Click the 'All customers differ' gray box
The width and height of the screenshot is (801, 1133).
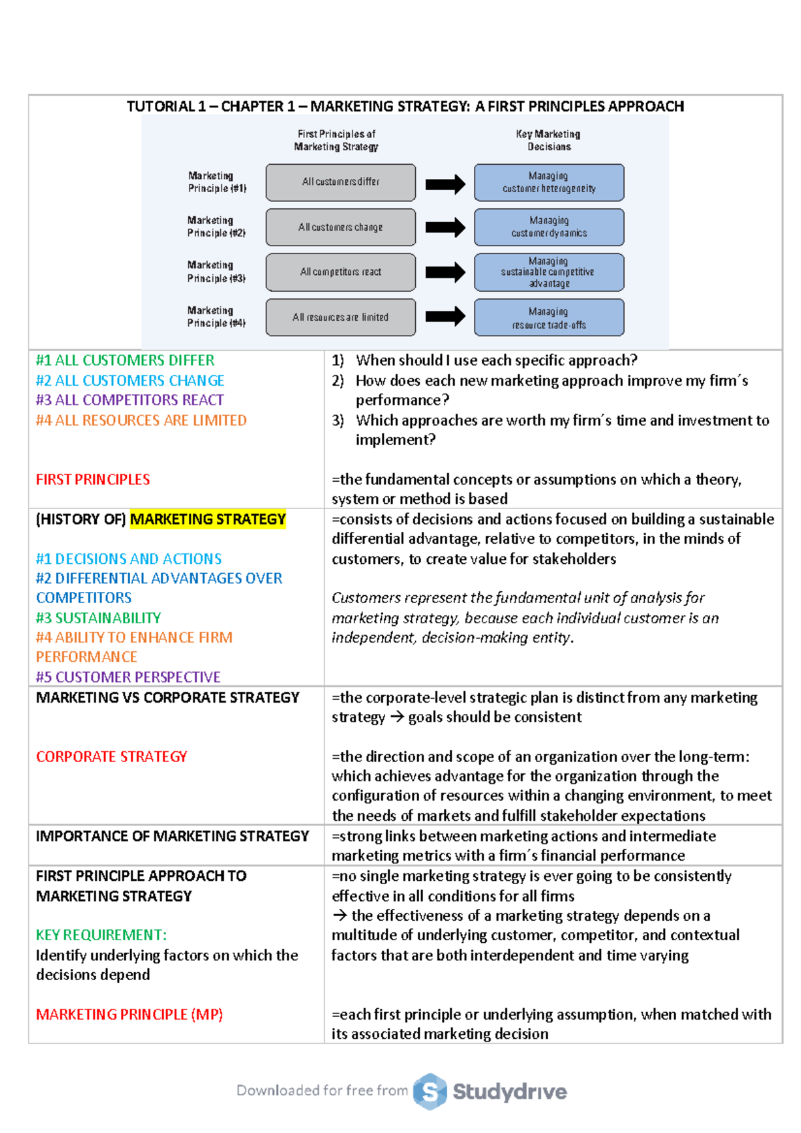[x=340, y=182]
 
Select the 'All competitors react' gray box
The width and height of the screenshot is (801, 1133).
[x=340, y=272]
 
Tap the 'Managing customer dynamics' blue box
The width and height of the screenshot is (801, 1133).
[x=549, y=227]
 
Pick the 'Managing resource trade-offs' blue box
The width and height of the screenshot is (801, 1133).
[x=549, y=318]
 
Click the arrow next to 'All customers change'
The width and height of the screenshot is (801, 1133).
[x=445, y=228]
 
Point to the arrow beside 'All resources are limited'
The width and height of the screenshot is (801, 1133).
[x=445, y=316]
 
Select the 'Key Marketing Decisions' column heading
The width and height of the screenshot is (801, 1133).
[x=548, y=140]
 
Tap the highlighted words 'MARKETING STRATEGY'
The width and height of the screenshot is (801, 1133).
[x=208, y=519]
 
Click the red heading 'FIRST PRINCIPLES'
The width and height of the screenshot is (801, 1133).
[x=93, y=480]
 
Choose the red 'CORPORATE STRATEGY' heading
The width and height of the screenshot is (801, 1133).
[x=111, y=757]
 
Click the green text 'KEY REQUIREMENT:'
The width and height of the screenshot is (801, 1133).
[x=101, y=935]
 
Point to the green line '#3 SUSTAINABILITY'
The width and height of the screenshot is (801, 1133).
[x=98, y=618]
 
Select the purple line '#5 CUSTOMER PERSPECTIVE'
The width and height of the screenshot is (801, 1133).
[x=128, y=677]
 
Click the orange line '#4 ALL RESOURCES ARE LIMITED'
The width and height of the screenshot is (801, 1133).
[x=142, y=420]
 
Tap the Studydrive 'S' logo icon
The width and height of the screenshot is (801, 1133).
[x=430, y=1092]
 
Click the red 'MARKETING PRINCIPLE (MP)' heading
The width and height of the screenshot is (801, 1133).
[x=129, y=1015]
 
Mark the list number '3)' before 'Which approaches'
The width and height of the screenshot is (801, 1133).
[x=338, y=420]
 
